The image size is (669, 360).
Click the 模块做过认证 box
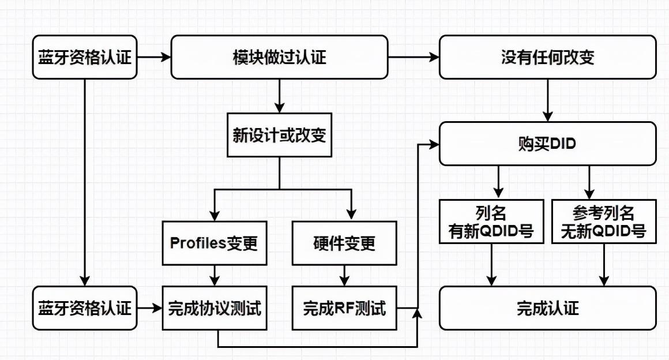pos(279,57)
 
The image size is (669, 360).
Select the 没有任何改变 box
pos(547,57)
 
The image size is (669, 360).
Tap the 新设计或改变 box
pos(279,135)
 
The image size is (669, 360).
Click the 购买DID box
pos(547,144)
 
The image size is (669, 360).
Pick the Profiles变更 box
pos(215,243)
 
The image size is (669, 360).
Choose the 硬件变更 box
pos(345,243)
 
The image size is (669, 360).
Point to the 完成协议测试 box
pos(215,308)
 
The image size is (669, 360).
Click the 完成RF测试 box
pos(345,308)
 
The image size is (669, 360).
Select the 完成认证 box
pos(547,308)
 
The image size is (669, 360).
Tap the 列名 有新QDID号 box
pos(491,222)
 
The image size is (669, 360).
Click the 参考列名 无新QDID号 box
pos(604,222)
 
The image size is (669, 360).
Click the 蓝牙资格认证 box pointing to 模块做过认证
pos(85,57)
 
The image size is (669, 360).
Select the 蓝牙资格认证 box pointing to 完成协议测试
pos(85,308)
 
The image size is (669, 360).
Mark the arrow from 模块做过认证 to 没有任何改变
pos(413,57)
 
